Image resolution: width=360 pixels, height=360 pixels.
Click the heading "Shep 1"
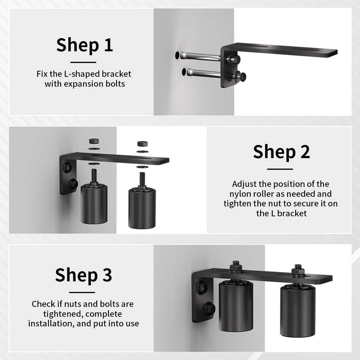[84, 45]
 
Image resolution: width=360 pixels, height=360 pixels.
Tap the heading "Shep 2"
[281, 152]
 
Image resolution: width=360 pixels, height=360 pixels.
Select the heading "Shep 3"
[83, 275]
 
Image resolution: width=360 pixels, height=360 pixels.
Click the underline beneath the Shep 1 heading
[84, 62]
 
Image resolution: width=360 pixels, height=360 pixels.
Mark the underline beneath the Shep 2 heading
[280, 169]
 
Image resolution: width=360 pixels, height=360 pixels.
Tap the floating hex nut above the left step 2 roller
[94, 141]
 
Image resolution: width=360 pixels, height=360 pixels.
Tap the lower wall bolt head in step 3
[209, 309]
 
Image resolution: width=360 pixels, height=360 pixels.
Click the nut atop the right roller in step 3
[297, 271]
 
